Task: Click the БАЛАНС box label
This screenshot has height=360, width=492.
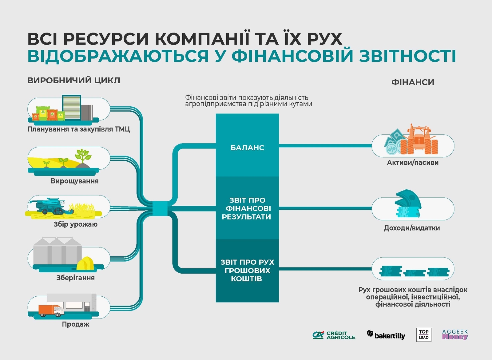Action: tap(247, 148)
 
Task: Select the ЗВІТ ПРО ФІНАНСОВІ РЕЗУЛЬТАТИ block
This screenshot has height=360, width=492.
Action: tap(247, 208)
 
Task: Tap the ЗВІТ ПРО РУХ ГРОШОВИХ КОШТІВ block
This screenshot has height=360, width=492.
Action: tap(247, 271)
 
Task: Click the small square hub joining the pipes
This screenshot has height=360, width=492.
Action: tap(160, 208)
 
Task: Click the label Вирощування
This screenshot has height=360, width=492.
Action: tap(75, 181)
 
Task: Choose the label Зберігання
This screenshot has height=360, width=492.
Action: tap(75, 278)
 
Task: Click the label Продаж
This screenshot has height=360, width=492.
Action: tap(75, 324)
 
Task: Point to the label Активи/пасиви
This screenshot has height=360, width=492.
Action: tap(413, 163)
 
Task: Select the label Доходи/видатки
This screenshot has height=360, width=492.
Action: tap(412, 228)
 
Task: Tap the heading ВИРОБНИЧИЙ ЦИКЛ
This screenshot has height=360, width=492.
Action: tap(74, 81)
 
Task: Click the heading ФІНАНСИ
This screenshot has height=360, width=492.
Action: tap(413, 82)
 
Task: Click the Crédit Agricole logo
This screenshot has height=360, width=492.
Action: tap(334, 335)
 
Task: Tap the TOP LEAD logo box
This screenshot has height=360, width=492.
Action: tap(423, 335)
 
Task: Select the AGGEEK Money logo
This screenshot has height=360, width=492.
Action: tap(455, 335)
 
